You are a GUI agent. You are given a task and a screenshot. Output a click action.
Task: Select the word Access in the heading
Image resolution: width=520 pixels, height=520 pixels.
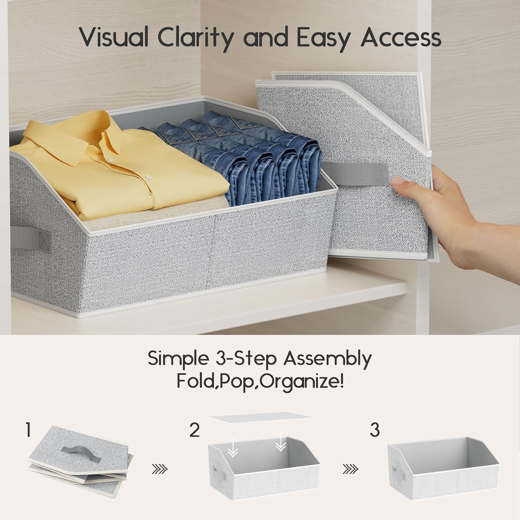click(x=401, y=37)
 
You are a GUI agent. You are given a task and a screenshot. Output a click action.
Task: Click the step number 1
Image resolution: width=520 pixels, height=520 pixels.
click(x=29, y=430)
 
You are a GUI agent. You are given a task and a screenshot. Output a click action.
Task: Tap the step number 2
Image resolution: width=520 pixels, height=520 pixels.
click(x=194, y=430)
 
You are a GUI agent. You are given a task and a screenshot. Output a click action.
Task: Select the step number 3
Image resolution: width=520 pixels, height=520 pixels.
click(x=375, y=430)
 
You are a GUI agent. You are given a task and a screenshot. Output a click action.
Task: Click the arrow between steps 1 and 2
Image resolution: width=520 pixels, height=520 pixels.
click(x=160, y=469)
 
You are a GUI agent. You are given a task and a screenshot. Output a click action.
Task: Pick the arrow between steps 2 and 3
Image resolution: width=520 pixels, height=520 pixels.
click(x=350, y=469)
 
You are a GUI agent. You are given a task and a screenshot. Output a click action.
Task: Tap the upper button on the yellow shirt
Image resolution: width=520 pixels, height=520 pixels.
click(x=110, y=159)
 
